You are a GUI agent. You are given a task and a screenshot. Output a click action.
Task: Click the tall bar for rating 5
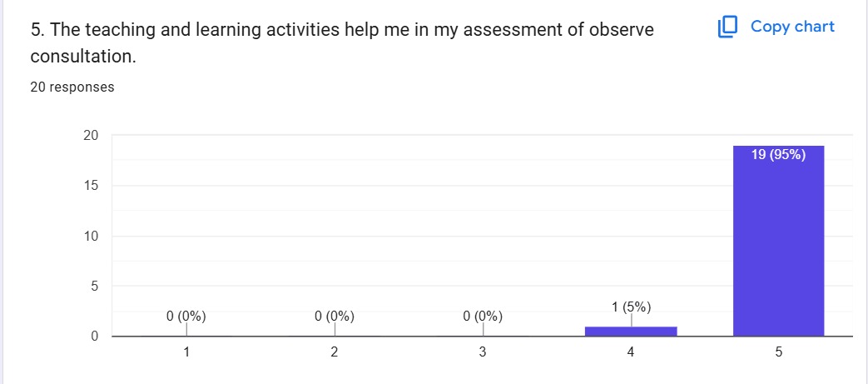point(778,241)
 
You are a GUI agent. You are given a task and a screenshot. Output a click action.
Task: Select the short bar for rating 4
point(631,331)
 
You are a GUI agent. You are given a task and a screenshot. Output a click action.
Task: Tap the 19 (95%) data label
point(778,155)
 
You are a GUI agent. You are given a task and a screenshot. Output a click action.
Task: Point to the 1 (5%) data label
point(631,307)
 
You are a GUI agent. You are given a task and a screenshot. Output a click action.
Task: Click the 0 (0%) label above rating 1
point(186,317)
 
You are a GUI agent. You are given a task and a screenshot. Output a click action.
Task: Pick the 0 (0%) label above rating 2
point(335,317)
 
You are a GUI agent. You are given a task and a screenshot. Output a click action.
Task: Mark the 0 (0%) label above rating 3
point(483,317)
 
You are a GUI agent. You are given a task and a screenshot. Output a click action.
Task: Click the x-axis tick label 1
point(186,352)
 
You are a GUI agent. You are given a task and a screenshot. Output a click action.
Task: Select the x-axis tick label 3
point(483,352)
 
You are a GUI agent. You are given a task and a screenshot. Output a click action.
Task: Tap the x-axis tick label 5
point(778,352)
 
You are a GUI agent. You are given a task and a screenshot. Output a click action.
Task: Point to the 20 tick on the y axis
point(92,135)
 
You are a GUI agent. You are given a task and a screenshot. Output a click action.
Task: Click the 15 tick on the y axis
point(92,186)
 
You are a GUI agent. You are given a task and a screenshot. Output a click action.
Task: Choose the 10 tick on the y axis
point(92,236)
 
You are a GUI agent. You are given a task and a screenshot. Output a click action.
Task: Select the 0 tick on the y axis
point(95,337)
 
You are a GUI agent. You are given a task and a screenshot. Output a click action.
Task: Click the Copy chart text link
point(792,26)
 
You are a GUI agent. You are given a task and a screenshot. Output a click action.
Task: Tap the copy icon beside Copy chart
point(728,27)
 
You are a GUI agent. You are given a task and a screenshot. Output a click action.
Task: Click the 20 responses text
point(72,87)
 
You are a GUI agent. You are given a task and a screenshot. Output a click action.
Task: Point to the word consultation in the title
point(83,57)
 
